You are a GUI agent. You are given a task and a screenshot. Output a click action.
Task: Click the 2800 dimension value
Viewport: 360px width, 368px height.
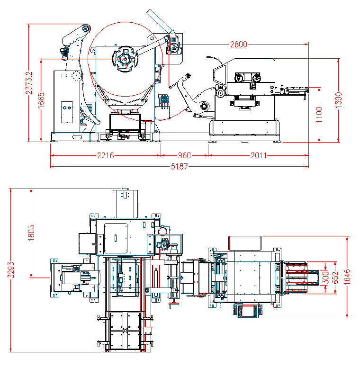click(239, 45)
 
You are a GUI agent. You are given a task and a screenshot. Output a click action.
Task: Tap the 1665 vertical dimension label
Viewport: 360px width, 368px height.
click(41, 100)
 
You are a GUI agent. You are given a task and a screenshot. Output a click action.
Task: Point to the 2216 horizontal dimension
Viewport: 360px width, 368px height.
click(105, 155)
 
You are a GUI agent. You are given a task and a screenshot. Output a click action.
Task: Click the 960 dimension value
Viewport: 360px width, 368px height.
click(184, 155)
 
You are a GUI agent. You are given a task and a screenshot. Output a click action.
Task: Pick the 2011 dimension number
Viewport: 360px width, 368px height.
click(259, 155)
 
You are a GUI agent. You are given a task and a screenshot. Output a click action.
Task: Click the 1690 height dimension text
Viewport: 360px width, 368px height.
click(338, 100)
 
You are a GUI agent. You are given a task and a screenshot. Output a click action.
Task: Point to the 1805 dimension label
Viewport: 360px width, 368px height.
click(31, 233)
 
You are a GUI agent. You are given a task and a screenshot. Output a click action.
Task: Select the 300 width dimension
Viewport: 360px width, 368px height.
click(325, 277)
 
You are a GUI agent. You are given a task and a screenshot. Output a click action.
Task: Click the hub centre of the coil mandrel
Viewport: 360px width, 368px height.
click(125, 59)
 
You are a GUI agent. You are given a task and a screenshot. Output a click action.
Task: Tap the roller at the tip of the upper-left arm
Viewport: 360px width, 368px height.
click(86, 28)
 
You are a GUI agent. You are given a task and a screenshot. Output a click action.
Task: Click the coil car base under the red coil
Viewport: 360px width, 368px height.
click(126, 124)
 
